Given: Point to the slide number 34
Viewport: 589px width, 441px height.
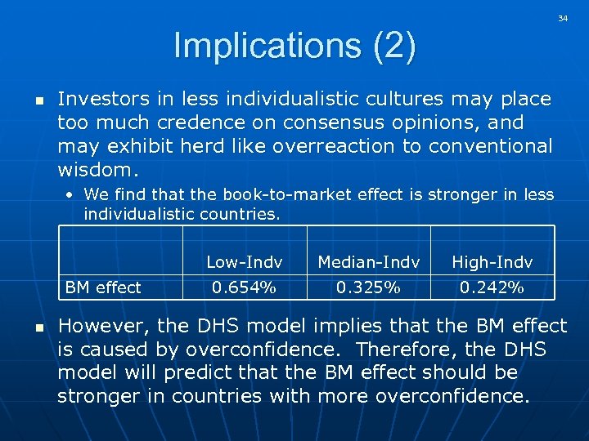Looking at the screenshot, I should point(563,18).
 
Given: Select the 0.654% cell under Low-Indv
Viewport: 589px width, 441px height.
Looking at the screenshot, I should point(244,287).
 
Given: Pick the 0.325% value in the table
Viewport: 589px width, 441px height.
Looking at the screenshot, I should point(368,287).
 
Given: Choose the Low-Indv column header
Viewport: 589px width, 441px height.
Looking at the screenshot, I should point(244,262).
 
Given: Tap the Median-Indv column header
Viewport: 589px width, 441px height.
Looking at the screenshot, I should point(368,262).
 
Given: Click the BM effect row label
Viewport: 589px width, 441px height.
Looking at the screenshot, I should point(103,287).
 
